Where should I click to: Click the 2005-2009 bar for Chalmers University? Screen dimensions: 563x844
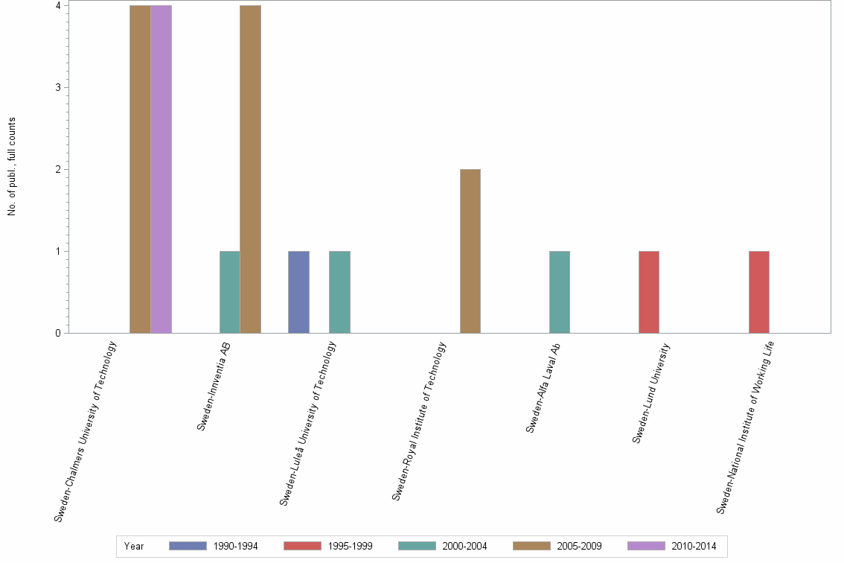(140, 169)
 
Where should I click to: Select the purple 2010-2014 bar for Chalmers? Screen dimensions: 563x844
(161, 169)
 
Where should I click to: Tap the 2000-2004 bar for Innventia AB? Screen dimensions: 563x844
(229, 292)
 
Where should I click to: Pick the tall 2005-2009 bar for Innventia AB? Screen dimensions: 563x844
(250, 169)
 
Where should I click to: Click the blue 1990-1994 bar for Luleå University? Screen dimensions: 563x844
(298, 292)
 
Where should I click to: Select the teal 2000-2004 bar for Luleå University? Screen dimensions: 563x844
(339, 292)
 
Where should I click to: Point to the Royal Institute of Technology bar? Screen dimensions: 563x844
(470, 251)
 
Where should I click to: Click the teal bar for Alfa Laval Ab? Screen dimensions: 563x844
(560, 292)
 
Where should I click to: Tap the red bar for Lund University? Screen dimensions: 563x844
(649, 292)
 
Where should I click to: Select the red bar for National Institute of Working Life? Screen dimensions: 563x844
(759, 292)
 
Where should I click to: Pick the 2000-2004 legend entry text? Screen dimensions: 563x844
(464, 547)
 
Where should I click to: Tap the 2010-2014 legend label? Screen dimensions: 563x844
(693, 547)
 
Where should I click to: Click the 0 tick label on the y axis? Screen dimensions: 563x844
(57, 333)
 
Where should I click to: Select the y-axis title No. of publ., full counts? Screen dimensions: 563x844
(12, 167)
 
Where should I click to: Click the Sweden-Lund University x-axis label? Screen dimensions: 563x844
(652, 393)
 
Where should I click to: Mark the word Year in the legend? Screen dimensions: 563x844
(134, 547)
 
